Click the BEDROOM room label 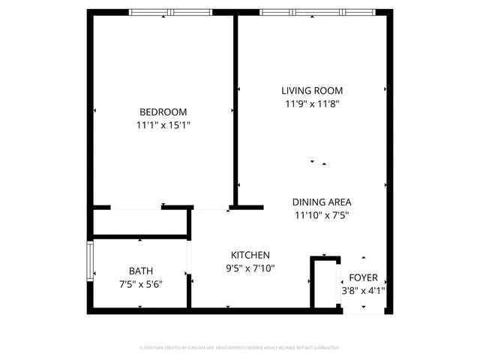[163, 112]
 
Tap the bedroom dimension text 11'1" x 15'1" [163, 125]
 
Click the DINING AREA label [322, 202]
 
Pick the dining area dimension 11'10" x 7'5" [322, 215]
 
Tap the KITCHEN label [250, 255]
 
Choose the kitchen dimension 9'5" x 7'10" [250, 268]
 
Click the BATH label [140, 271]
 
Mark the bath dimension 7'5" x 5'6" [140, 284]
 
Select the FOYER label [364, 277]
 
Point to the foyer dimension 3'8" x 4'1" [364, 290]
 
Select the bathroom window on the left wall [90, 261]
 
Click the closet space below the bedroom [139, 223]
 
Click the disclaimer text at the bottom [240, 348]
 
